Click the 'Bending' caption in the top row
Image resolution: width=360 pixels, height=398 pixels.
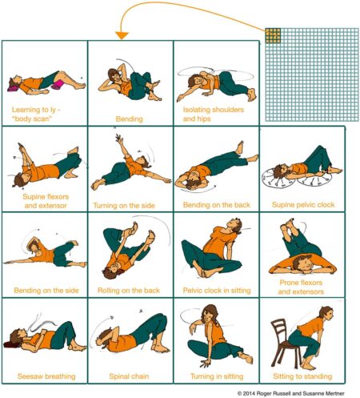tap(128, 119)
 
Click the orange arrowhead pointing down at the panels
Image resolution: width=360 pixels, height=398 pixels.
tap(122, 34)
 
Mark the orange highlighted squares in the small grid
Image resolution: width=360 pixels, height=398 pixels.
tap(273, 34)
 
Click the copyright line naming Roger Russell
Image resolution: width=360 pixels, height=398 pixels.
tap(294, 393)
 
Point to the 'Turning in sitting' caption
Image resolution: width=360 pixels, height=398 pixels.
tap(212, 375)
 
